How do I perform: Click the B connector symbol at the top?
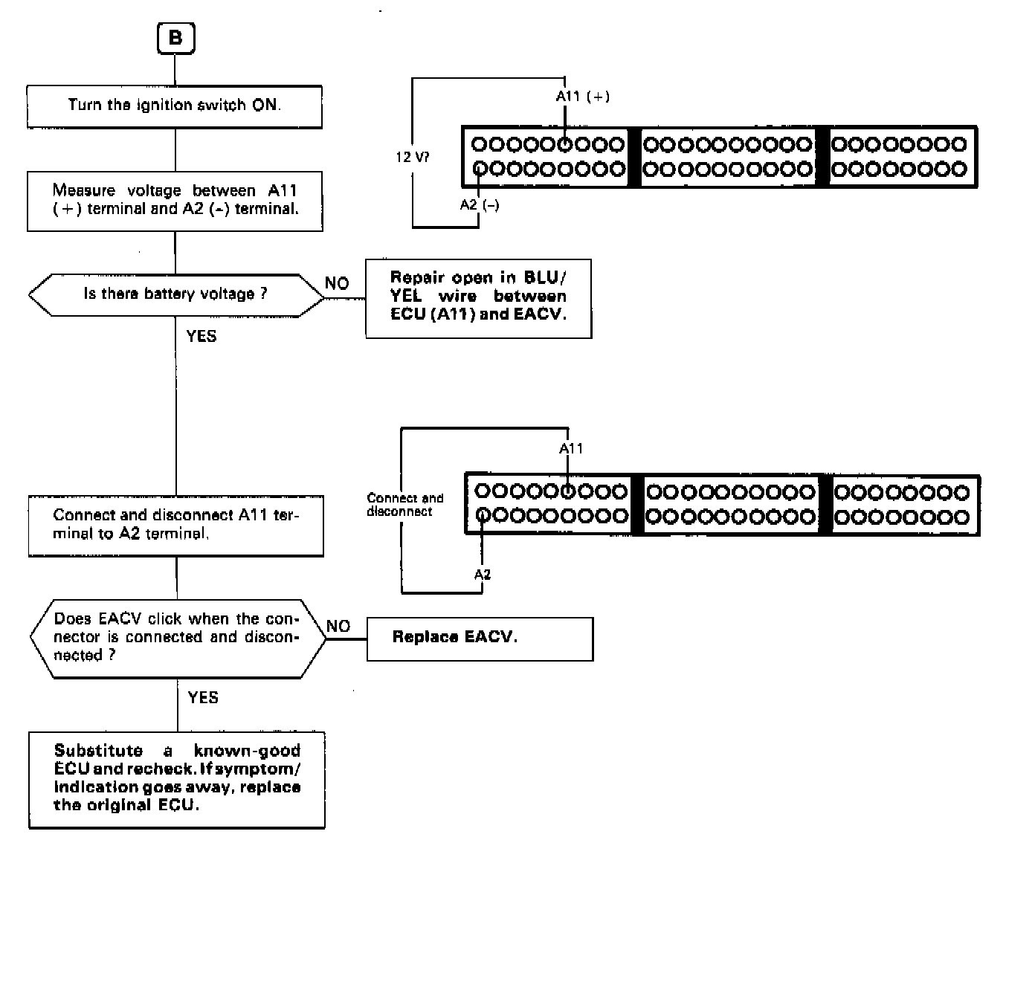click(x=175, y=38)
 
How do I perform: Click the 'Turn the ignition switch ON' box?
click(x=175, y=106)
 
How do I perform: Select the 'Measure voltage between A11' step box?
click(x=175, y=201)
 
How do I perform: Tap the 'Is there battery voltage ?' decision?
click(x=176, y=295)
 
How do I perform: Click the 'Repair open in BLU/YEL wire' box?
click(x=478, y=298)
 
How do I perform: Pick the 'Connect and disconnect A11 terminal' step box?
click(x=176, y=526)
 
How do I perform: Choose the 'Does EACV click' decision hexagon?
click(x=177, y=638)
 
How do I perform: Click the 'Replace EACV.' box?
click(x=480, y=639)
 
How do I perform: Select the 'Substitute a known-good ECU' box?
click(x=177, y=779)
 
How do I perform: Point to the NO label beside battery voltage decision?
click(x=337, y=284)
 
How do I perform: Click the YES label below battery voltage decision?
click(x=201, y=337)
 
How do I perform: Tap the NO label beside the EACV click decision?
click(x=338, y=627)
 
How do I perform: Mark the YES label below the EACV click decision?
click(x=203, y=698)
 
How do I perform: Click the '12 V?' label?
click(x=412, y=158)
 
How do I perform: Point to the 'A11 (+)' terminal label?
click(x=583, y=97)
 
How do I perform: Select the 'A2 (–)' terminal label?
click(x=480, y=205)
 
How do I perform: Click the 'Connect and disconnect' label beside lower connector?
click(x=404, y=505)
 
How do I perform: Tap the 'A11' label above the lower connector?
click(x=571, y=448)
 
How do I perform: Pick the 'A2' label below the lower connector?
click(x=483, y=574)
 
